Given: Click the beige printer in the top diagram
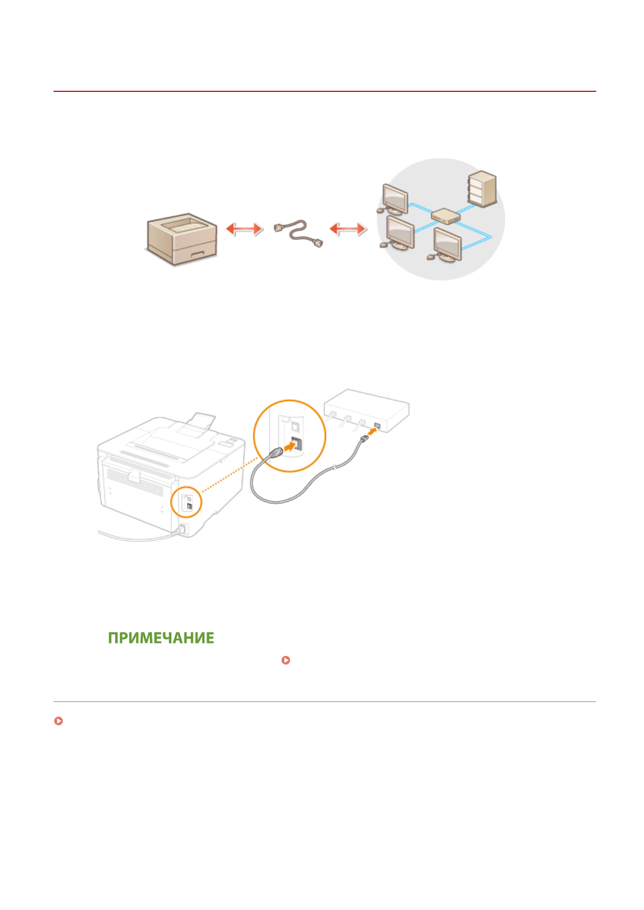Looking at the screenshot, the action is [x=182, y=239].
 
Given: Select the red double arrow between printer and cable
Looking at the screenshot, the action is [x=244, y=229].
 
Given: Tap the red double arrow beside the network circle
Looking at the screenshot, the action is [x=348, y=229].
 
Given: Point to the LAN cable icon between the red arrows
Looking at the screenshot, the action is [x=298, y=233].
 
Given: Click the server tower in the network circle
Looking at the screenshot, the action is [x=482, y=189].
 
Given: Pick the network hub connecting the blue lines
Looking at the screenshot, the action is [x=446, y=217].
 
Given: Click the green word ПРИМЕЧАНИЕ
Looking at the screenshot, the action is [x=161, y=638].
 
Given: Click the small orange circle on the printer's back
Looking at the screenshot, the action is [x=186, y=502].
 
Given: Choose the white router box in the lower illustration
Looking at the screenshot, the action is [x=367, y=408].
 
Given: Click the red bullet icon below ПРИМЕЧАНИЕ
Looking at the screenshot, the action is [x=286, y=660].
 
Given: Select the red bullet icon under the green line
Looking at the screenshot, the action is [x=58, y=721].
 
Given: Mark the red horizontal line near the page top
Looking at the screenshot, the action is [x=324, y=91].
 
